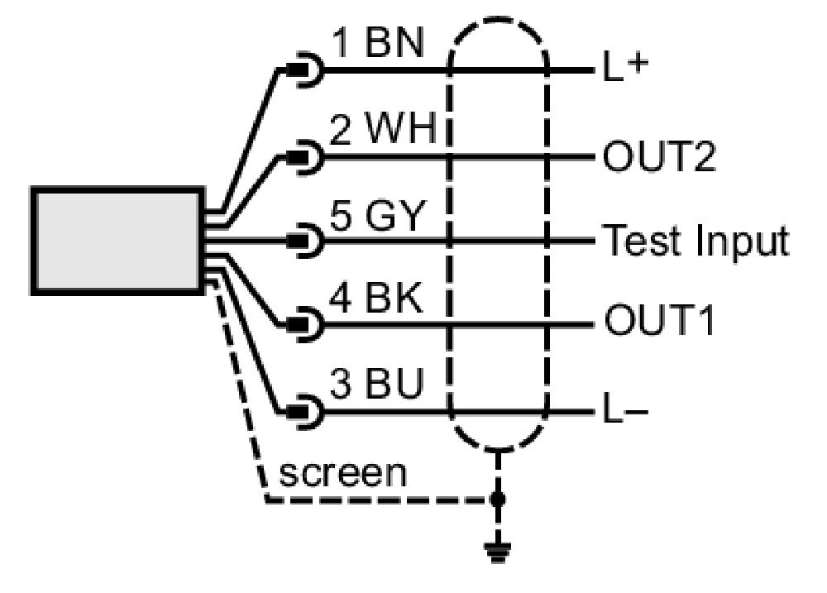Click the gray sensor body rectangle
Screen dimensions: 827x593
coord(117,241)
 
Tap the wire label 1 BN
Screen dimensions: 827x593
coord(379,43)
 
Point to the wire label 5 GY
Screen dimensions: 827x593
coord(377,215)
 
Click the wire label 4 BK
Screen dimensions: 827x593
coord(376,298)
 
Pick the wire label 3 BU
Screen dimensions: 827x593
coord(377,383)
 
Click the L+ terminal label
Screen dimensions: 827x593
coord(625,67)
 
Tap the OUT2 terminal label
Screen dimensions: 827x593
coord(659,155)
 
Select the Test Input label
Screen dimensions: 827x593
coord(696,242)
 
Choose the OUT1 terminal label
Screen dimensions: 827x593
coord(659,320)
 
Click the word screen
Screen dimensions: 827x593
coord(343,473)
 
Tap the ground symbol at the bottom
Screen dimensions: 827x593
coord(497,552)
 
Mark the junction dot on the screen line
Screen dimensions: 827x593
coord(497,499)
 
